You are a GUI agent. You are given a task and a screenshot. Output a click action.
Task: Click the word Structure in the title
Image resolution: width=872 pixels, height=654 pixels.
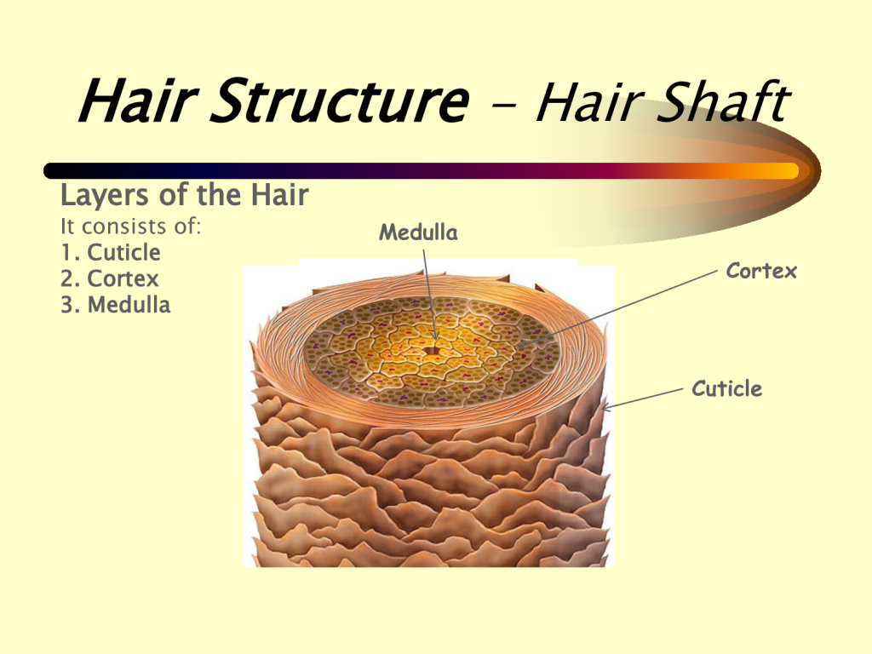340,100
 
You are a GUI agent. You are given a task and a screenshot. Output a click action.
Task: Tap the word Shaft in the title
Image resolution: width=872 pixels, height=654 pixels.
723,100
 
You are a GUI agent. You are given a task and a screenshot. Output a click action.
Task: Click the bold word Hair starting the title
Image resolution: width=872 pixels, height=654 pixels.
138,100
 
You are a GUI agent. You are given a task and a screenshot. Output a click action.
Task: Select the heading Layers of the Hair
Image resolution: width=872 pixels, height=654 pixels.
184,195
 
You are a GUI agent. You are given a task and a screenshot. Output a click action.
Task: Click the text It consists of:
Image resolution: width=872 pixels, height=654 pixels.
130,227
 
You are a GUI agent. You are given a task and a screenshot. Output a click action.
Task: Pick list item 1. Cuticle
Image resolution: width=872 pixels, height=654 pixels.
111,252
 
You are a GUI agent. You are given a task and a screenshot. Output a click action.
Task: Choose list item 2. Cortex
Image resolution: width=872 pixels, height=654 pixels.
110,278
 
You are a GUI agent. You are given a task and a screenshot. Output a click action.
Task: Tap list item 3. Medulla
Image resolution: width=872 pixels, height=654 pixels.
116,305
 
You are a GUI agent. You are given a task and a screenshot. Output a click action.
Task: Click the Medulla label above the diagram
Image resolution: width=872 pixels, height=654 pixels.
418,232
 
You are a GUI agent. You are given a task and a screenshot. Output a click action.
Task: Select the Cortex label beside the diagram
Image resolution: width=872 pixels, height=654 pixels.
761,271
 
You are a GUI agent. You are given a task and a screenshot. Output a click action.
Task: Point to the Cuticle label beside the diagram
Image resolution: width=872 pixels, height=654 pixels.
727,388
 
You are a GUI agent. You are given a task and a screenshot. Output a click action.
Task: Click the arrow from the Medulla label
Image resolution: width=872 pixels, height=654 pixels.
430,295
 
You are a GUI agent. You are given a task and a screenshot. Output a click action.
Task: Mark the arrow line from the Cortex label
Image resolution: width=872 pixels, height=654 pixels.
617,309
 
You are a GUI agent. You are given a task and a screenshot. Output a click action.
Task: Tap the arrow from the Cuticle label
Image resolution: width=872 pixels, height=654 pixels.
642,400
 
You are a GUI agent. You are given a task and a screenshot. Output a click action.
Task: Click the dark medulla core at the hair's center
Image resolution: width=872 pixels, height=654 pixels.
430,350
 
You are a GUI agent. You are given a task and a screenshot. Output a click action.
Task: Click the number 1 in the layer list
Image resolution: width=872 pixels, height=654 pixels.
67,252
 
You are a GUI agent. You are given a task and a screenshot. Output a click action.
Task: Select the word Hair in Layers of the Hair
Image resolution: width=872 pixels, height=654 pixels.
279,195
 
